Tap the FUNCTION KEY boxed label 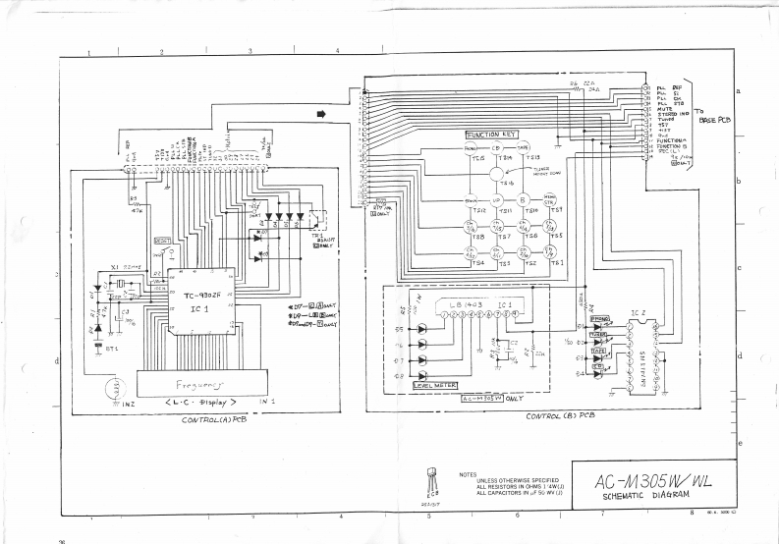point(491,135)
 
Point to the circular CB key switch point(496,148)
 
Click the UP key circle point(496,202)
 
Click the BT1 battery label point(115,349)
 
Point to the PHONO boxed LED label point(599,319)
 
